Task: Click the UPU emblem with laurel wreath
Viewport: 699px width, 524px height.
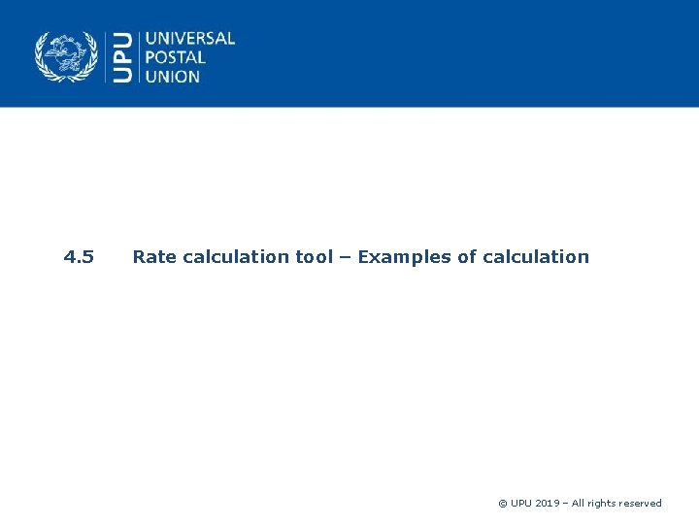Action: tap(67, 56)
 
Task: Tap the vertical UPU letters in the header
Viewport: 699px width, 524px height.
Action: tap(123, 56)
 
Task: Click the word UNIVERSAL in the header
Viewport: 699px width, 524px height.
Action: tap(190, 39)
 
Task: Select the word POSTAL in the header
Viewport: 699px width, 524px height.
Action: tap(175, 57)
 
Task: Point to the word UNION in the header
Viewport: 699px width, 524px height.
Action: tap(173, 76)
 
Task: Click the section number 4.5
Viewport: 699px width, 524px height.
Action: tap(79, 257)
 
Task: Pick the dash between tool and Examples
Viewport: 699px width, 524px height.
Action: tap(346, 257)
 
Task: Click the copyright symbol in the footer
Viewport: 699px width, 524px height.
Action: tap(502, 504)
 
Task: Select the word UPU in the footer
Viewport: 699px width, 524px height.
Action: tap(522, 504)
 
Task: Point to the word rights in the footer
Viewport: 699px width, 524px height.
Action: tap(607, 504)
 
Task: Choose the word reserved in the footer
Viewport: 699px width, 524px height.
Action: tap(643, 504)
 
